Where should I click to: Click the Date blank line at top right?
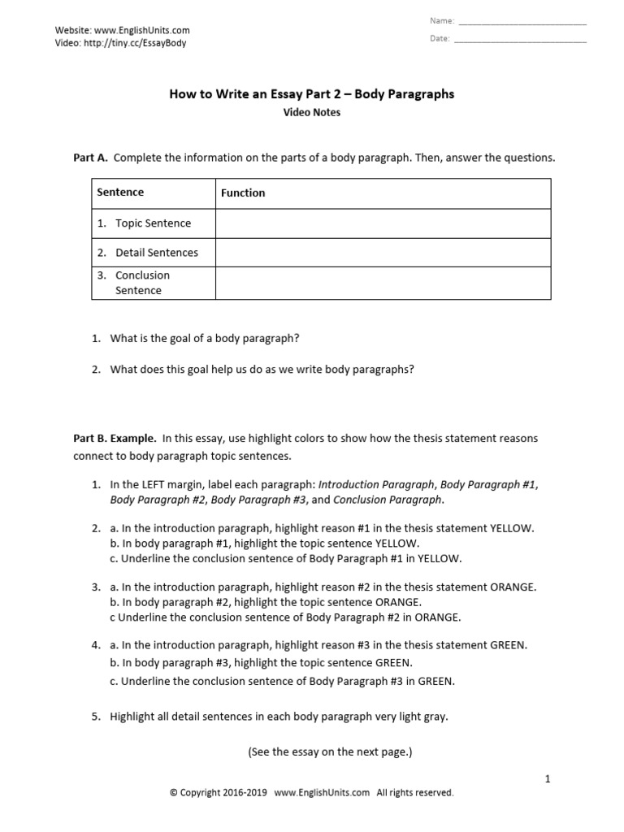520,40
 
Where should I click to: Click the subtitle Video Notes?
311,113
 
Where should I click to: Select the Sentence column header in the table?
120,193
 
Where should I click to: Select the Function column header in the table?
243,193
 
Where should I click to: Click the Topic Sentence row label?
153,223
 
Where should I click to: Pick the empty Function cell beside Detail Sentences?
383,253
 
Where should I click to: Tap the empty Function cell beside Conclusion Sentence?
383,283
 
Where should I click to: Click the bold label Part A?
90,158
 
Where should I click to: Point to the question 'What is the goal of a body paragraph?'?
199,338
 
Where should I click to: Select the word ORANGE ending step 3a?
513,587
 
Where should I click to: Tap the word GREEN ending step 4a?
509,645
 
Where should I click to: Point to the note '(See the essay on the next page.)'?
330,752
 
